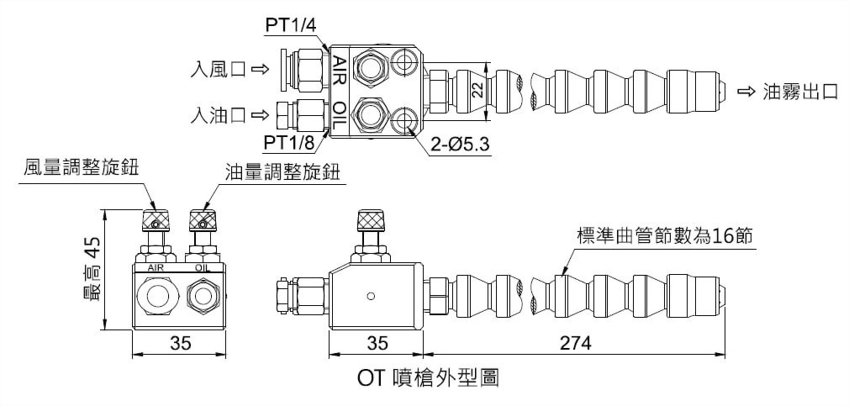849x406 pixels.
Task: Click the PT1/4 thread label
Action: tap(290, 24)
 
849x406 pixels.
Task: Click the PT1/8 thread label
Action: tap(290, 142)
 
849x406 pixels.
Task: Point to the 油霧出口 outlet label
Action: tap(799, 92)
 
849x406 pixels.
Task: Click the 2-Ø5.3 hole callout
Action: tap(460, 144)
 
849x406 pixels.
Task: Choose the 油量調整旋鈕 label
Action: tap(282, 171)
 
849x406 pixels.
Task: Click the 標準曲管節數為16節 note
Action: tap(664, 236)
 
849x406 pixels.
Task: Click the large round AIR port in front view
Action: tap(157, 296)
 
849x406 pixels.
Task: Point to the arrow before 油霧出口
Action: tap(746, 92)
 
